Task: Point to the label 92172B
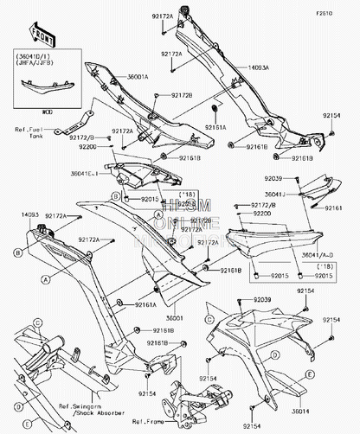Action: coord(181,94)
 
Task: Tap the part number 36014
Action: coord(313,412)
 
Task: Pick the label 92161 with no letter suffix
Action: coord(333,207)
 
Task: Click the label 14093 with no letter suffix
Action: coord(29,213)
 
